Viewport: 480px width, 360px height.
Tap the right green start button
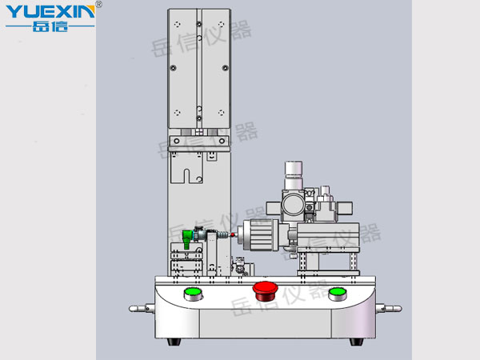click(x=338, y=294)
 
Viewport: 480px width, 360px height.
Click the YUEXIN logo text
click(x=50, y=12)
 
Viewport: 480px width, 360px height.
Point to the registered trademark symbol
click(x=98, y=4)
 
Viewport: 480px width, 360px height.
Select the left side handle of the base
click(x=142, y=308)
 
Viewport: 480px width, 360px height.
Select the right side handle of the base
click(x=389, y=308)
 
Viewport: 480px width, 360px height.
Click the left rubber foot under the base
click(x=174, y=342)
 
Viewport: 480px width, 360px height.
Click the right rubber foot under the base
click(x=356, y=342)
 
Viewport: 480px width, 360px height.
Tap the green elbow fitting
click(x=187, y=238)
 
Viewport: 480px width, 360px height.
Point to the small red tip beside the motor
click(x=233, y=234)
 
